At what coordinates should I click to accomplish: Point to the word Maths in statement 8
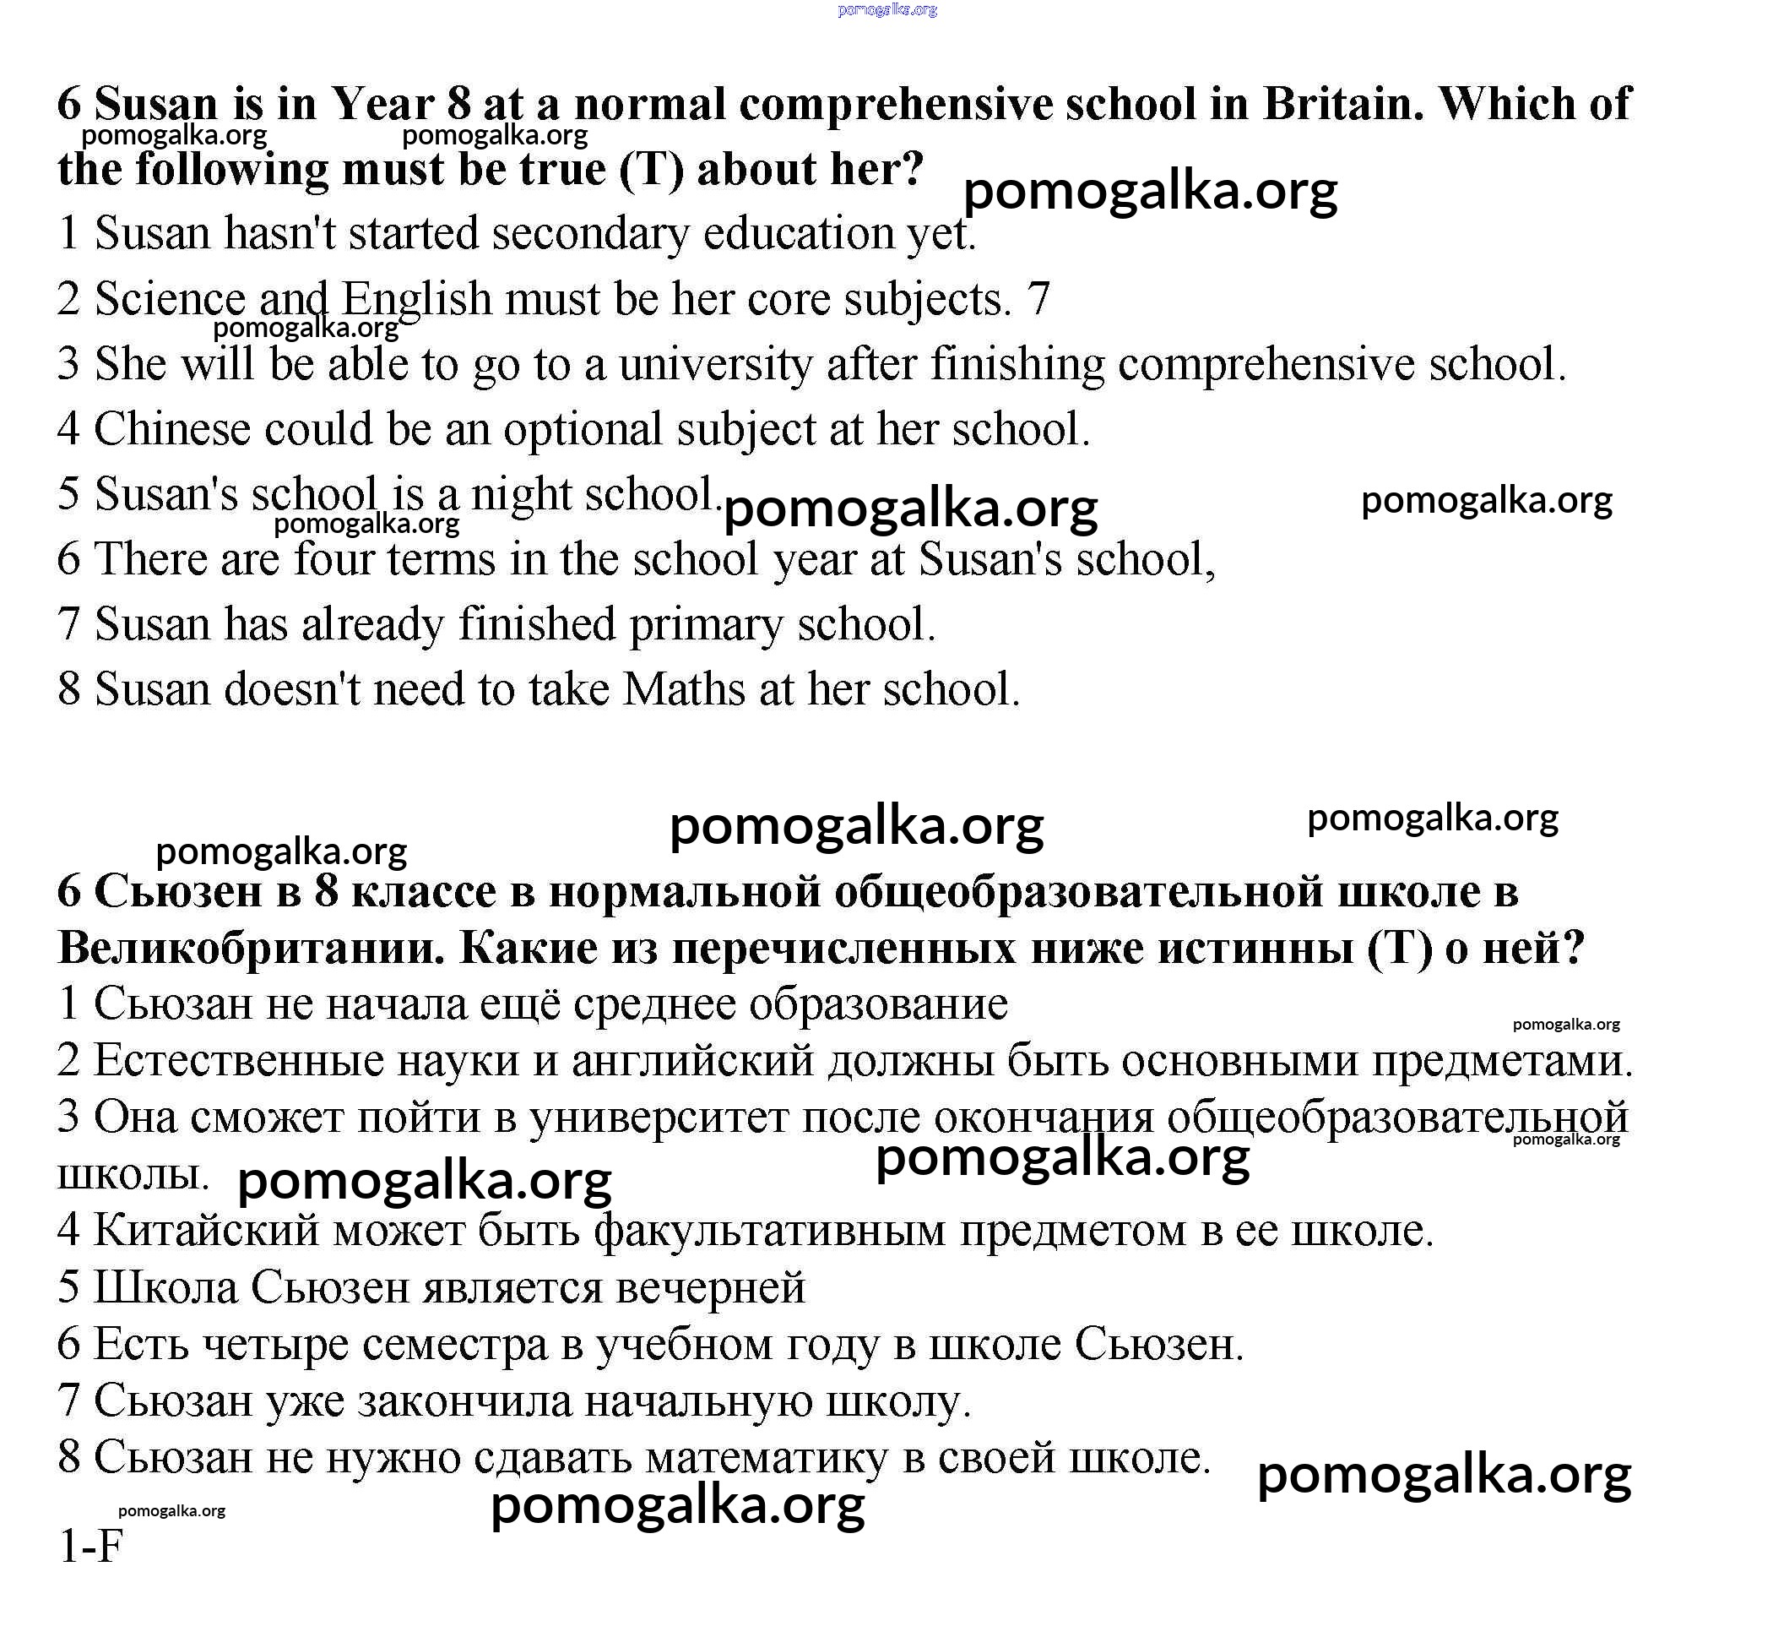(x=683, y=688)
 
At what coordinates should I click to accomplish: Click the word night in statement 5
(x=521, y=494)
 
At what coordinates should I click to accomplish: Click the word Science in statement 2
(x=170, y=299)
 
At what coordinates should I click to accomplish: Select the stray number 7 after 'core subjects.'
(x=1039, y=299)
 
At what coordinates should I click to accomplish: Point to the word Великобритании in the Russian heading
(x=251, y=947)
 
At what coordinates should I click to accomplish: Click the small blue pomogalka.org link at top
(x=887, y=10)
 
